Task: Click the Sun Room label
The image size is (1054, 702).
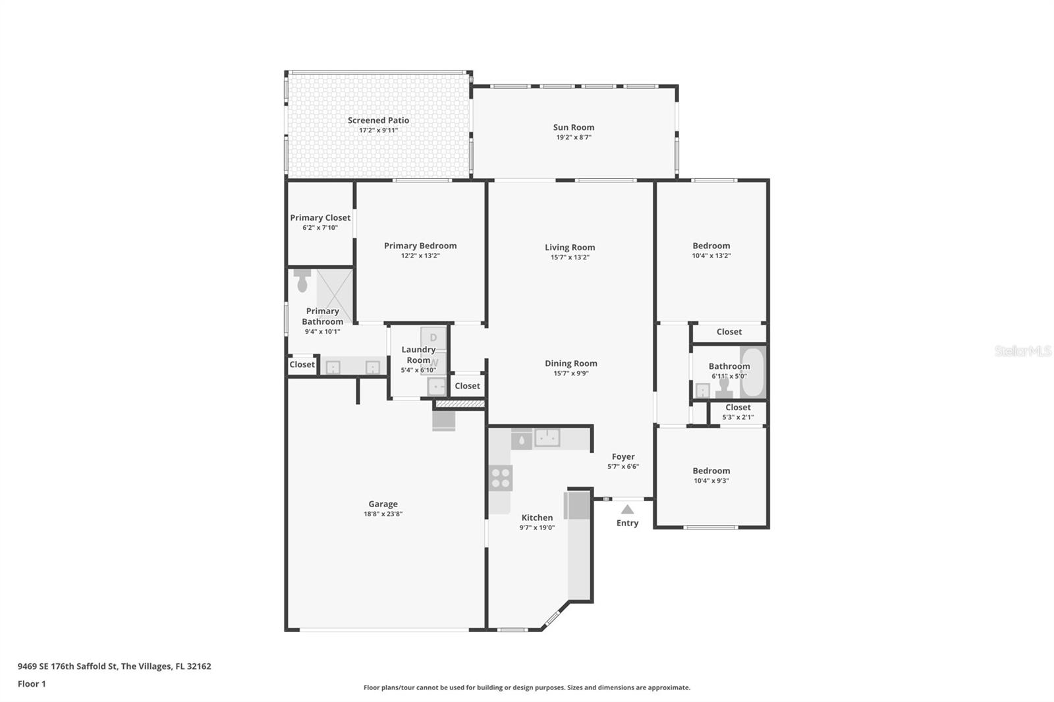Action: point(573,127)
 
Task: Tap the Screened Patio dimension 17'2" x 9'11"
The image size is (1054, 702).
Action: point(378,130)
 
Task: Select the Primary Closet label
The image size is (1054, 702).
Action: point(320,217)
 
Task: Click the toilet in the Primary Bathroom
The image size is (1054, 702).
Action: point(302,281)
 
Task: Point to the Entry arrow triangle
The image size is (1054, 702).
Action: point(627,509)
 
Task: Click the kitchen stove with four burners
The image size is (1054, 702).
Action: point(501,478)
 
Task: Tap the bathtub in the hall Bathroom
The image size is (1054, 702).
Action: point(752,372)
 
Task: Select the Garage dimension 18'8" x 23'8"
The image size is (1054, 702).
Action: point(383,514)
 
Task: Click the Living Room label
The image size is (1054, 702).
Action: point(570,248)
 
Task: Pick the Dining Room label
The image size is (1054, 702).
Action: point(570,364)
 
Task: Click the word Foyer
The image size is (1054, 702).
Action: point(623,456)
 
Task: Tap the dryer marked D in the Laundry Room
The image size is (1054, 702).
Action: point(433,338)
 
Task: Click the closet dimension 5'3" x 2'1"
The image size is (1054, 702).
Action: point(738,417)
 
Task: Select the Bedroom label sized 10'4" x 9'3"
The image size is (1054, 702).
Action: point(711,471)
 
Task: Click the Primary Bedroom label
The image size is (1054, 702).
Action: point(420,246)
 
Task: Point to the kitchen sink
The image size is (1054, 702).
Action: point(547,437)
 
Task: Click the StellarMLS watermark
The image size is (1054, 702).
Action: point(1022,351)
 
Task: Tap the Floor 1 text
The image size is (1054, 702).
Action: point(32,684)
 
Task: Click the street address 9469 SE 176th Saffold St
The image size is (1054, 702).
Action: point(67,666)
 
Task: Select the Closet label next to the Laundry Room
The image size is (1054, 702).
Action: point(467,386)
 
